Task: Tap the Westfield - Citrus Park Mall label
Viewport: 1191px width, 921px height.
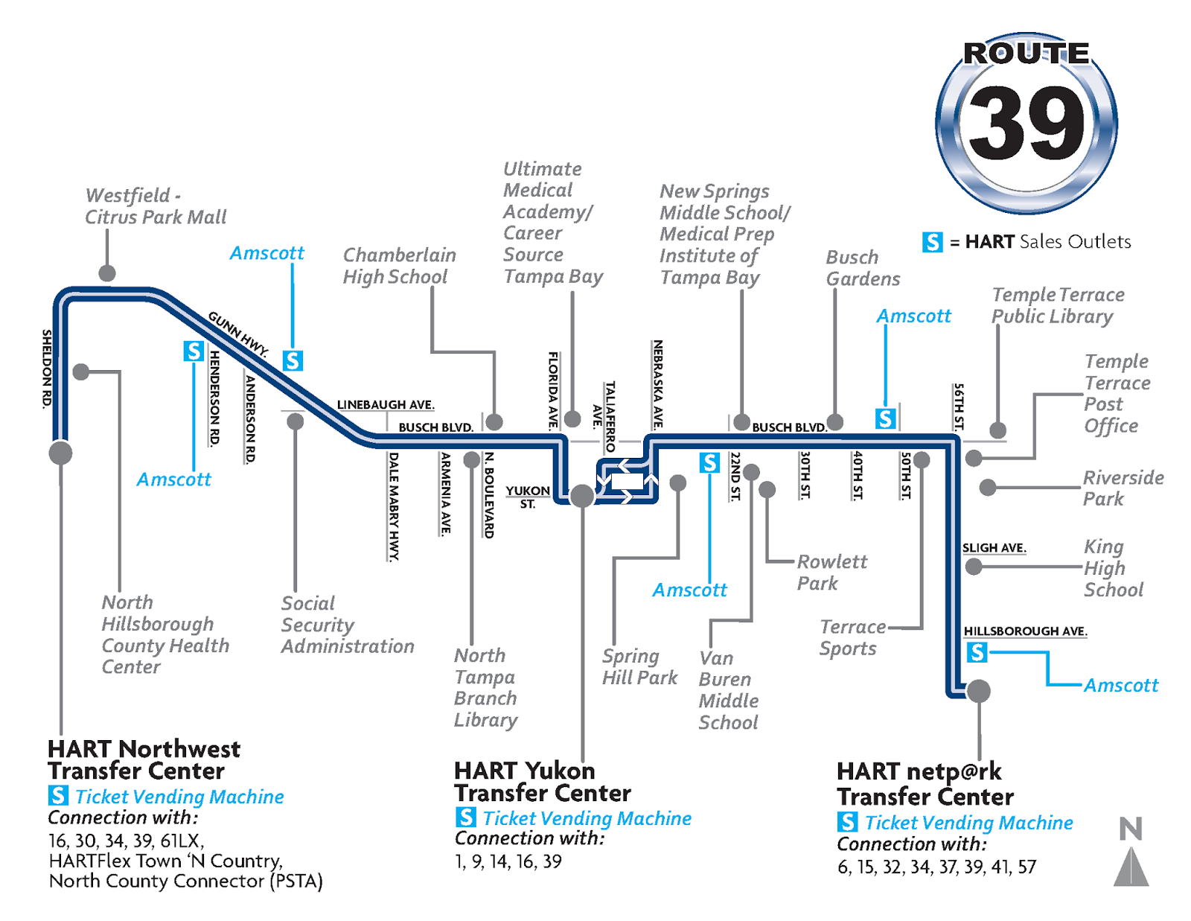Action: click(155, 206)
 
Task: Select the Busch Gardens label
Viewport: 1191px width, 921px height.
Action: click(862, 268)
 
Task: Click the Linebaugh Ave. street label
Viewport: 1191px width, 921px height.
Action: click(385, 405)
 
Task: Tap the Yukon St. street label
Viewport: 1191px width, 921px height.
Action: click(528, 497)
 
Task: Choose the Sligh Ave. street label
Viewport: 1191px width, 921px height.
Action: click(994, 548)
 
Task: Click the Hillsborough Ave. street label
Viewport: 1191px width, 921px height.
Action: click(1025, 631)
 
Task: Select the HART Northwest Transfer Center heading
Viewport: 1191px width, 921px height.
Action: click(144, 759)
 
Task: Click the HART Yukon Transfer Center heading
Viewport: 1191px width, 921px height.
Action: click(542, 781)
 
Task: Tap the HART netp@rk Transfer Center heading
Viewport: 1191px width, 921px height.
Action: click(925, 784)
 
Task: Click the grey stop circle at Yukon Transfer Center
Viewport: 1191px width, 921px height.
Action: click(582, 495)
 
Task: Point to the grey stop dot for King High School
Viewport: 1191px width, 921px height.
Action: click(973, 567)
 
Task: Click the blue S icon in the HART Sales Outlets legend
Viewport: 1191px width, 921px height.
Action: click(932, 242)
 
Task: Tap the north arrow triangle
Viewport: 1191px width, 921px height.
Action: click(1131, 868)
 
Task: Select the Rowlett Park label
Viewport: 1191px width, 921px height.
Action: click(831, 572)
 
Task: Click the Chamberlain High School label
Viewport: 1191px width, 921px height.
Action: click(399, 266)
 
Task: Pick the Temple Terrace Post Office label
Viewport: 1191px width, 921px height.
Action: click(1117, 393)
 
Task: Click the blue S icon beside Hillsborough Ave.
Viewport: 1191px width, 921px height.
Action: click(977, 653)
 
